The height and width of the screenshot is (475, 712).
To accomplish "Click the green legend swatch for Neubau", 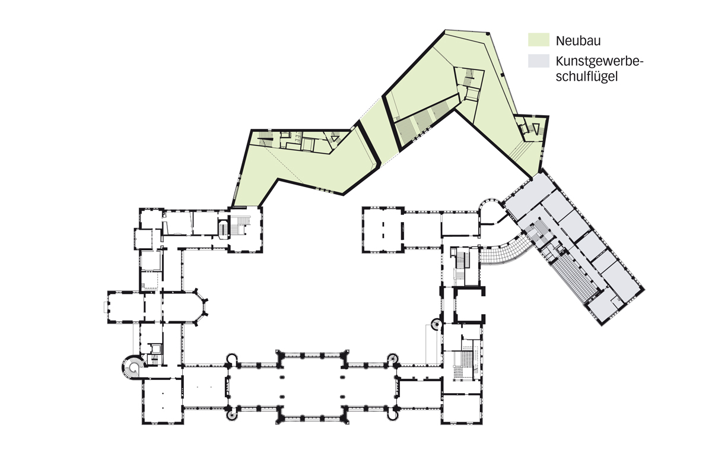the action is tap(539, 40).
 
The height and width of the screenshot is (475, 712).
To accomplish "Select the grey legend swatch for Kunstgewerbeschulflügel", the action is tap(539, 61).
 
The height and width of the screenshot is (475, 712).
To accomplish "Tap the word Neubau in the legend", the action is tap(578, 41).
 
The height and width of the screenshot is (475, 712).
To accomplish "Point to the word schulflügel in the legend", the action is tap(586, 77).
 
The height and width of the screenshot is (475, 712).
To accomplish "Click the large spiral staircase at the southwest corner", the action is tap(131, 368).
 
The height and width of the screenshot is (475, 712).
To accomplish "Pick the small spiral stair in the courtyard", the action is tap(436, 325).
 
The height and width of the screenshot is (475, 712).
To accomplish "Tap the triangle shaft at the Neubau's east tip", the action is tap(536, 129).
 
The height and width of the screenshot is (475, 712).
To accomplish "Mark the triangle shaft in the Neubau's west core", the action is tap(335, 139).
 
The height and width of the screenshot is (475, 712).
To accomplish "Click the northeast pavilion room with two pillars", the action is tap(383, 230).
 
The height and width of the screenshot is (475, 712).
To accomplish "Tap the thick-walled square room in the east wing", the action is tap(469, 305).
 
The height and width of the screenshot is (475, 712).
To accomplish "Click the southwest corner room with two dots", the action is tap(163, 401).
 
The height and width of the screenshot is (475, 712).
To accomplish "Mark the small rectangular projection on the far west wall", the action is tap(106, 308).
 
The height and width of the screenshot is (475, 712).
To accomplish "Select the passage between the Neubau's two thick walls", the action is tap(379, 134).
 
